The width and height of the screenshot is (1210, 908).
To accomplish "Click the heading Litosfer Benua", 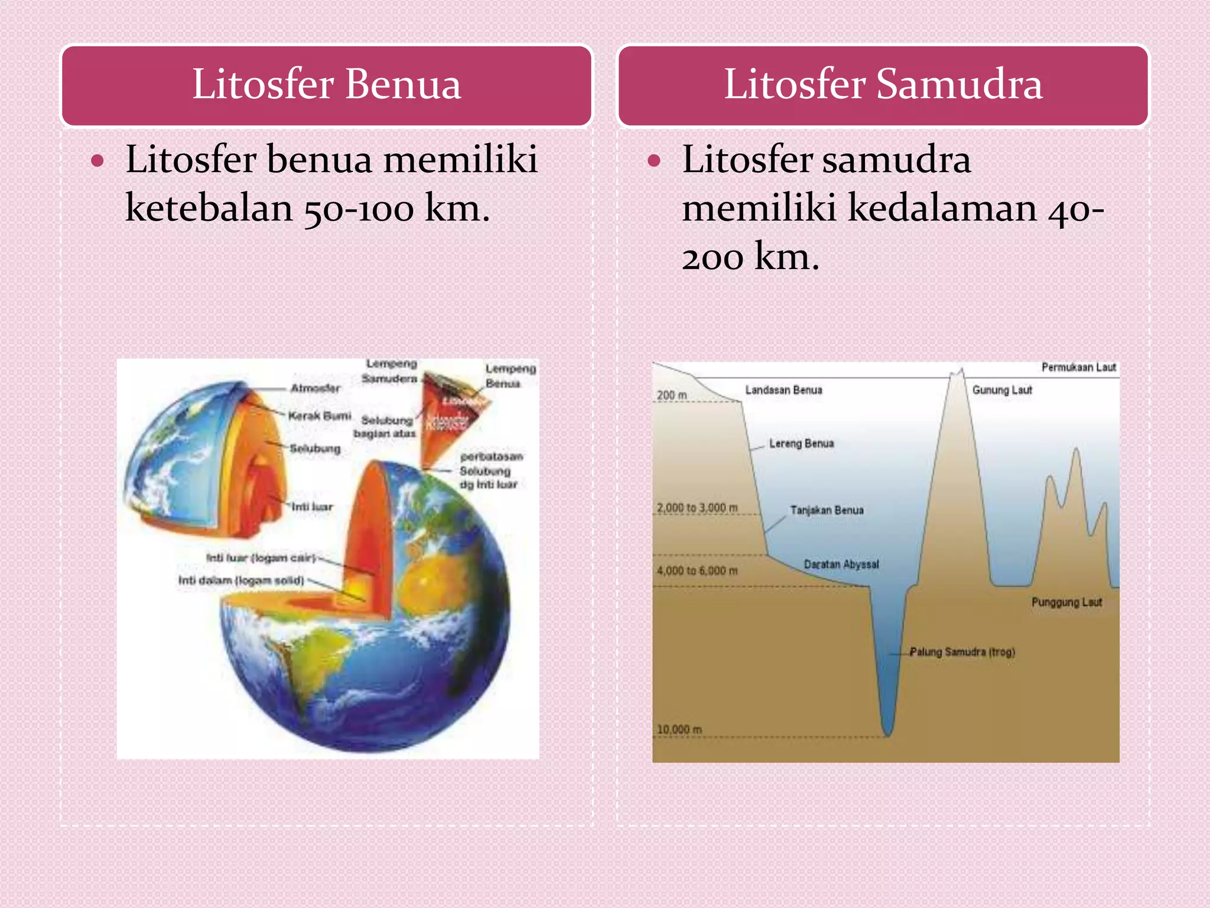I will click(x=326, y=84).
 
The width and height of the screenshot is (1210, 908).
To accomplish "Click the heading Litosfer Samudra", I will click(x=883, y=84).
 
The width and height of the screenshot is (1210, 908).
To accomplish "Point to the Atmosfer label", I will click(x=315, y=388).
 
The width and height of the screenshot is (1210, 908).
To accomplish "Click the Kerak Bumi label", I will click(x=319, y=416).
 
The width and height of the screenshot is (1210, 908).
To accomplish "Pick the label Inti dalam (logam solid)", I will click(x=241, y=581).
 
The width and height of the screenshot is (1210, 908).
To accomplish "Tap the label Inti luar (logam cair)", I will click(x=261, y=558).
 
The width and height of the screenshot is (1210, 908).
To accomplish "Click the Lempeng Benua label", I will click(x=510, y=376).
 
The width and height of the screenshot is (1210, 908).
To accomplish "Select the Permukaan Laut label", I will click(x=1078, y=368).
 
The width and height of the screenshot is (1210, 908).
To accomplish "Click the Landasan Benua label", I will click(x=783, y=390).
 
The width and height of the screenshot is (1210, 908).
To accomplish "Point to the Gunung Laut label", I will click(x=1002, y=390).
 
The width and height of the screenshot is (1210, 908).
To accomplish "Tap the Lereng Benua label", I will click(x=801, y=443).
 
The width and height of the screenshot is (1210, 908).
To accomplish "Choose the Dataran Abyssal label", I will click(x=841, y=565).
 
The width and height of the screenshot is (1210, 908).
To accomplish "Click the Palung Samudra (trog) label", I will click(x=962, y=652).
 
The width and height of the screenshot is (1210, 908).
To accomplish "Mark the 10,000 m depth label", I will click(x=679, y=729).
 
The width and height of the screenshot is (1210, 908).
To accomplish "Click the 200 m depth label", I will click(x=672, y=395).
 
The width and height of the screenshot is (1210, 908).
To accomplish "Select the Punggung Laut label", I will click(x=1066, y=602).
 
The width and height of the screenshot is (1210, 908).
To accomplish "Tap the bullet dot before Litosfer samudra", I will click(x=653, y=161).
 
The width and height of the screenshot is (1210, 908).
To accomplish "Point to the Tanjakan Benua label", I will click(x=827, y=510).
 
